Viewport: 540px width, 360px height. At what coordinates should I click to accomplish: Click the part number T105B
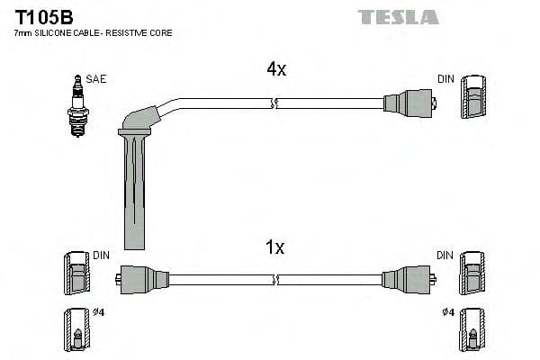(43, 16)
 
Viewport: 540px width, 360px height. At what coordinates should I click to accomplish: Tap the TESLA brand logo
(398, 17)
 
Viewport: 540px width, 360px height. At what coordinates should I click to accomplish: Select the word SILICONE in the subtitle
(56, 32)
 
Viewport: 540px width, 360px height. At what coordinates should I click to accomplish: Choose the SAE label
(96, 79)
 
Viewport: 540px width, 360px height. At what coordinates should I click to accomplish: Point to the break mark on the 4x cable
(274, 105)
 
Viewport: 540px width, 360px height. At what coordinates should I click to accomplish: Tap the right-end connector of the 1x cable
(408, 278)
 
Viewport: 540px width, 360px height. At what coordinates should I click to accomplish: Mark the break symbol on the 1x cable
(274, 279)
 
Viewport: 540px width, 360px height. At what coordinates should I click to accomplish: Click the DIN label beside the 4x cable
(446, 79)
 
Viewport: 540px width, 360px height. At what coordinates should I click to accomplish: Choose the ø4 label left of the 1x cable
(98, 313)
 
